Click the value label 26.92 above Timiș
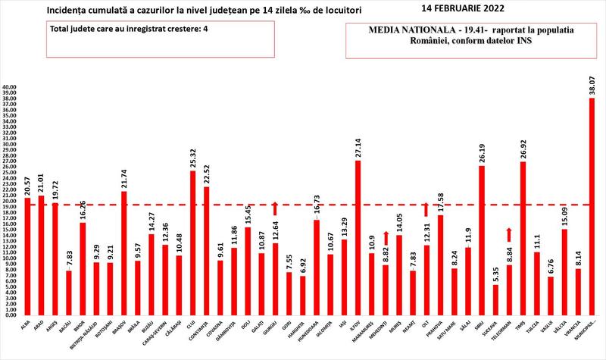tap(522, 146)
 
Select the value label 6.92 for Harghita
tap(302, 261)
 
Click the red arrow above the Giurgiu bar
tap(275, 208)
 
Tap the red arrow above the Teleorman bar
tap(508, 234)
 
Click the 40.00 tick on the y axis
tap(11, 87)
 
